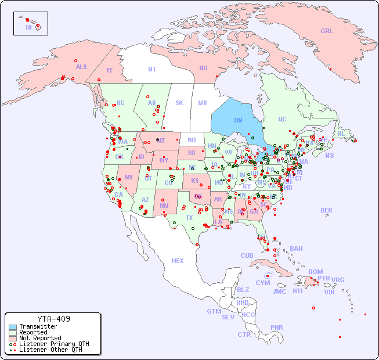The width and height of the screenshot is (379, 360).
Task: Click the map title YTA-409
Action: pyautogui.click(x=53, y=319)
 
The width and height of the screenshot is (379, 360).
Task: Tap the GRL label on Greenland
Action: pyautogui.click(x=327, y=31)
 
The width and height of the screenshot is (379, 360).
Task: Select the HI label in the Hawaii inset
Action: pyautogui.click(x=28, y=27)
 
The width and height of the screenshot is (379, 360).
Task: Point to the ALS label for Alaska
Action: pyautogui.click(x=81, y=67)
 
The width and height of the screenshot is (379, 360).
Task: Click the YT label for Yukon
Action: pyautogui.click(x=109, y=70)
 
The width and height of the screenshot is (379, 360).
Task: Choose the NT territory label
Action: pyautogui.click(x=151, y=69)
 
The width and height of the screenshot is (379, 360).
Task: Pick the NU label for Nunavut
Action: pyautogui.click(x=203, y=68)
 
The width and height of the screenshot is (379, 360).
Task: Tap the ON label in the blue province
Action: pyautogui.click(x=238, y=120)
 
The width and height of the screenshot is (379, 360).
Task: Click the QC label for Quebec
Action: pyautogui.click(x=282, y=120)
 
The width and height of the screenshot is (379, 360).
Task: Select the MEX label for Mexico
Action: pyautogui.click(x=178, y=261)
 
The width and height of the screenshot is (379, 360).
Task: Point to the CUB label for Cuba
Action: pyautogui.click(x=247, y=255)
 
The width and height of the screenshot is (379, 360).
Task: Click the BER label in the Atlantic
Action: pyautogui.click(x=327, y=210)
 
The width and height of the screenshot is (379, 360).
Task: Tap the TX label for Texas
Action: pyautogui.click(x=189, y=218)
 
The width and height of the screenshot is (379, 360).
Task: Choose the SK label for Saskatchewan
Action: pyautogui.click(x=179, y=103)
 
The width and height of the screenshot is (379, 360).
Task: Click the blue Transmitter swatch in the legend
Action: pyautogui.click(x=13, y=327)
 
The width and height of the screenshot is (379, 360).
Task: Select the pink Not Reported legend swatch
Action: pyautogui.click(x=13, y=338)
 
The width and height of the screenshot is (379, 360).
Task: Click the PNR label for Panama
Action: pyautogui.click(x=277, y=327)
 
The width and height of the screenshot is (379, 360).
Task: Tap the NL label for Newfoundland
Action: pyautogui.click(x=341, y=134)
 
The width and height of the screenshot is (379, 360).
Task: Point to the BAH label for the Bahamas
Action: pyautogui.click(x=296, y=249)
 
